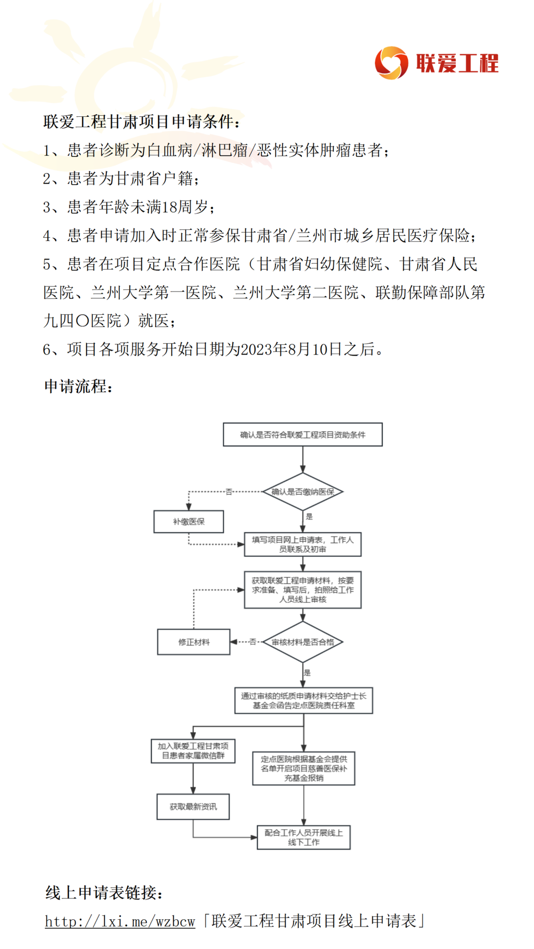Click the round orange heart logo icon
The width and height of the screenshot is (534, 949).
click(391, 63)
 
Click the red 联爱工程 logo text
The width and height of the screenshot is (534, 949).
click(457, 64)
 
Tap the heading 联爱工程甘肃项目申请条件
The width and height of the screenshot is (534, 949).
click(141, 122)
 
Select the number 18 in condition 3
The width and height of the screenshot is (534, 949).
click(169, 208)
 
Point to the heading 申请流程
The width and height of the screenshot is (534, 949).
click(78, 386)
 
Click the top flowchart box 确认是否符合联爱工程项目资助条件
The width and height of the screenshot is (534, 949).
click(302, 435)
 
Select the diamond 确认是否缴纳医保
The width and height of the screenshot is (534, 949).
click(302, 492)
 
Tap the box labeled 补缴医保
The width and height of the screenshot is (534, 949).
click(189, 521)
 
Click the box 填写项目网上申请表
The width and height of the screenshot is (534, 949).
click(302, 544)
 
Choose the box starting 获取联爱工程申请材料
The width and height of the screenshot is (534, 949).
click(302, 590)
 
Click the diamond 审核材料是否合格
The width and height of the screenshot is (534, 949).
click(302, 642)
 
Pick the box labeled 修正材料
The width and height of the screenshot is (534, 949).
click(194, 642)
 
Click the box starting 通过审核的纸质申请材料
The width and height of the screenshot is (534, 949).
click(304, 701)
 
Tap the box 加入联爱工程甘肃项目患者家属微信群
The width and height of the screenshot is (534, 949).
click(193, 751)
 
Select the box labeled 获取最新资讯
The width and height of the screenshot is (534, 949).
click(193, 807)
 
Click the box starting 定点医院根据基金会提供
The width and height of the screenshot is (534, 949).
click(304, 768)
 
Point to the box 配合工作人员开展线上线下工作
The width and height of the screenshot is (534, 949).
click(304, 837)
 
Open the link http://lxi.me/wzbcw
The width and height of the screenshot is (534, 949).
click(120, 922)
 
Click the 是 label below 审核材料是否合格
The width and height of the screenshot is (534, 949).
click(307, 673)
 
